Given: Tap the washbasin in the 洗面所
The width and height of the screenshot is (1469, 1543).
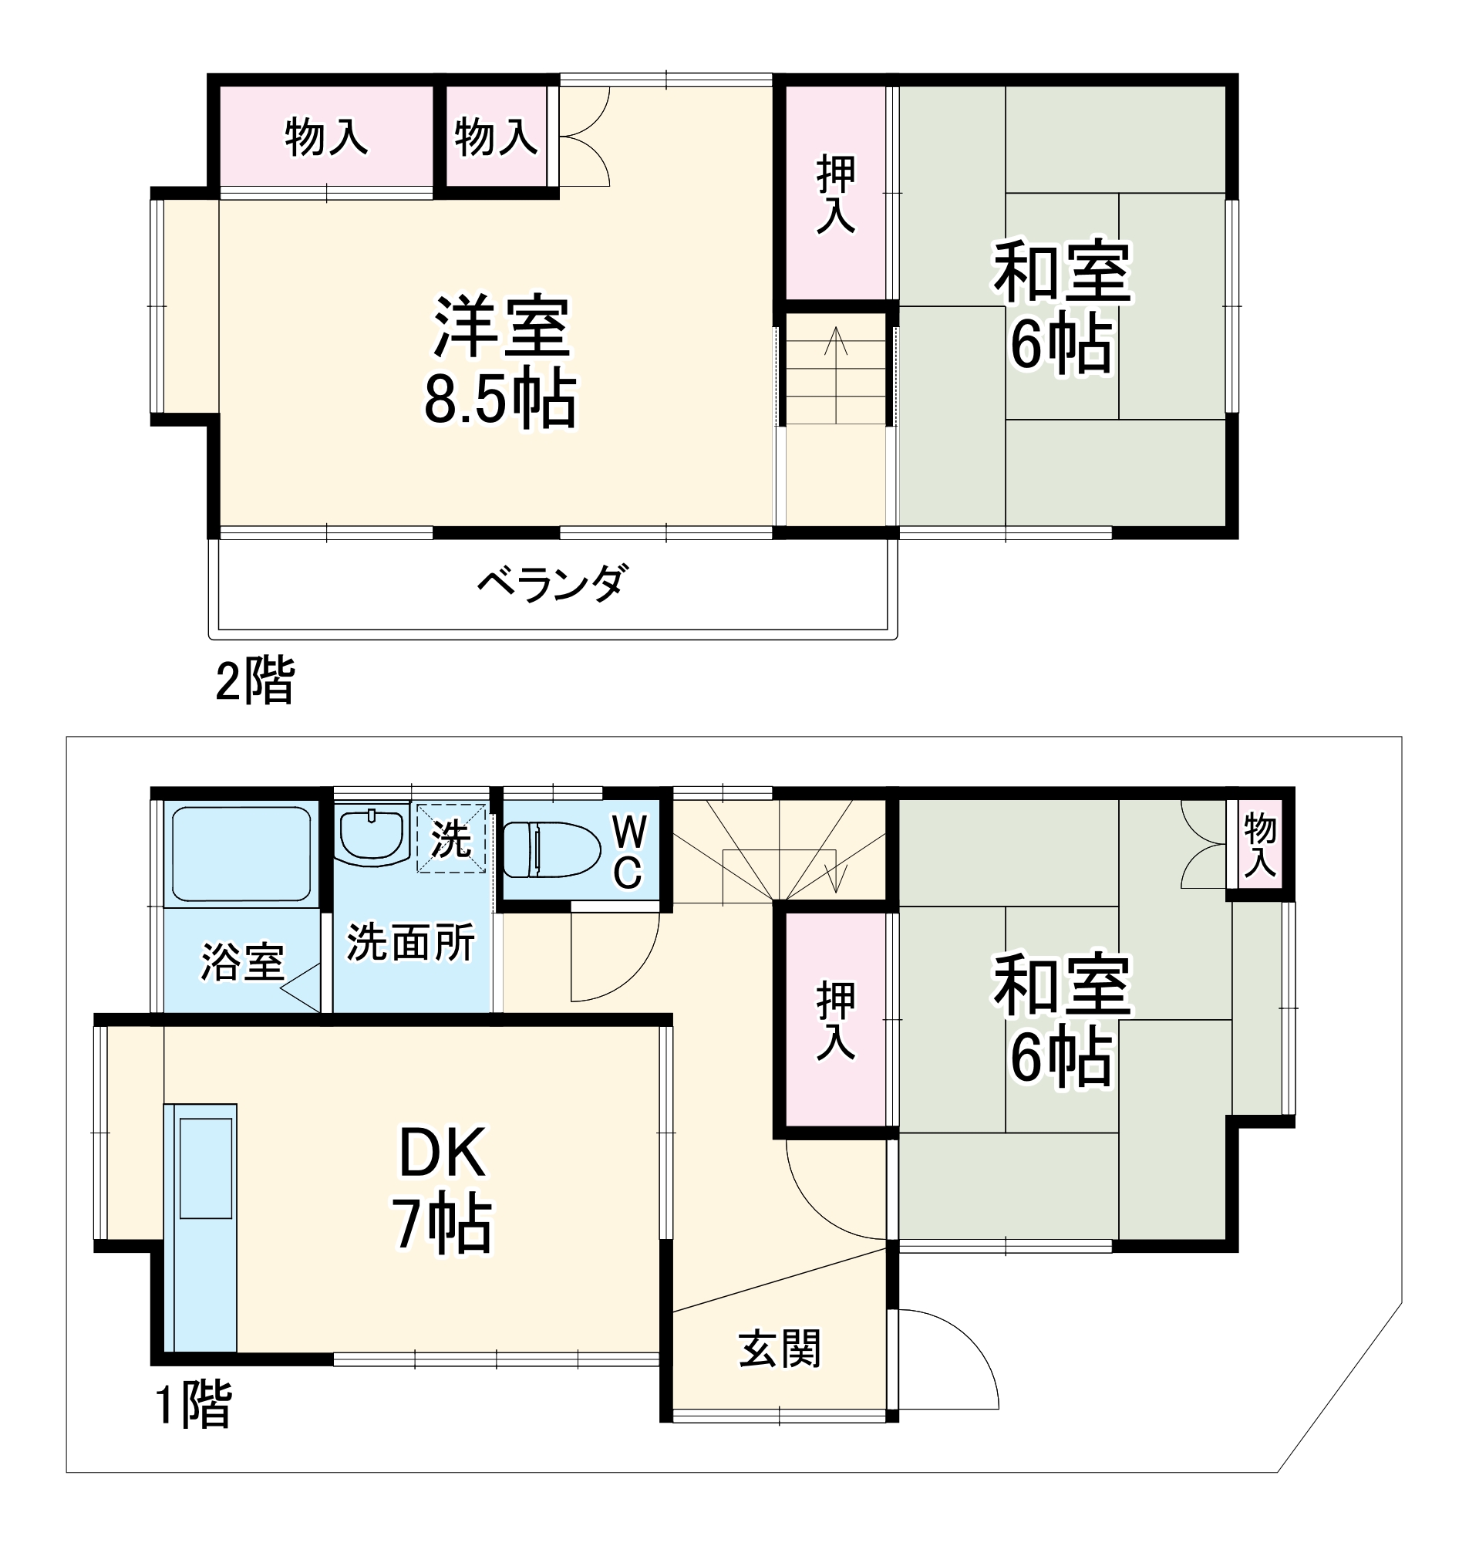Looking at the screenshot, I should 372,836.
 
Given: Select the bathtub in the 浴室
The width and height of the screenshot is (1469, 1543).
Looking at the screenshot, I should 241,855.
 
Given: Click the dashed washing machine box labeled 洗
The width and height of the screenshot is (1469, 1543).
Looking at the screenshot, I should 451,839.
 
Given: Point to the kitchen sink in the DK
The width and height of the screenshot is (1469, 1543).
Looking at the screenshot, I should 206,1168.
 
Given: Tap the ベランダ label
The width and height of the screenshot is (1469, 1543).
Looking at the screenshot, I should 553,583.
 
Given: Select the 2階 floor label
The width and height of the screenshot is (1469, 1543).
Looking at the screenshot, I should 254,680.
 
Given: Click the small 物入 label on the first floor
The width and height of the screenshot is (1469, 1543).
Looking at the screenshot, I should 1260,844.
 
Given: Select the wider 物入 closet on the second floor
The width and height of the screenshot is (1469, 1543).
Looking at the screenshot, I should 325,137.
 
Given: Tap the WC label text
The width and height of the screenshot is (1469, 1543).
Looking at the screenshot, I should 628,852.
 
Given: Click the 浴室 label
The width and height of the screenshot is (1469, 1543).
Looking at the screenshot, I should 242,962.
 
